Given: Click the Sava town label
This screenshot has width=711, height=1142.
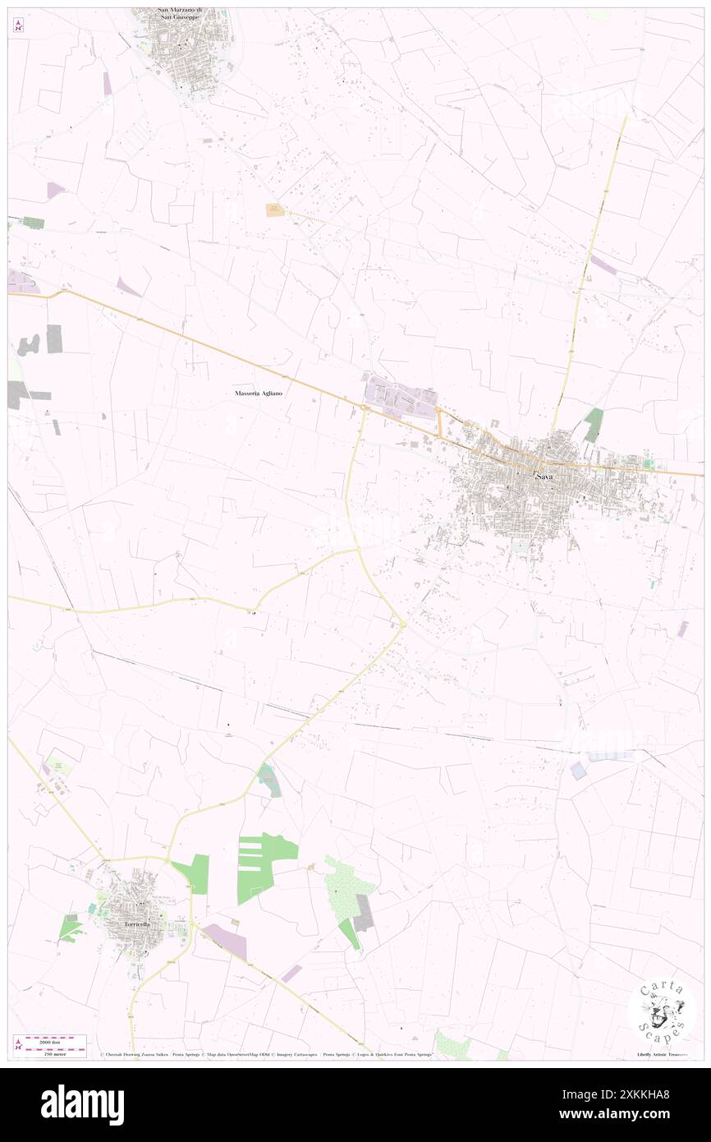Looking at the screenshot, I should pyautogui.click(x=544, y=477).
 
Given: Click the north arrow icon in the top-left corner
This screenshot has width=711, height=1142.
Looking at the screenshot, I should pyautogui.click(x=18, y=25).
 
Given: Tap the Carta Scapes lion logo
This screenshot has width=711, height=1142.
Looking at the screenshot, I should pyautogui.click(x=662, y=1011).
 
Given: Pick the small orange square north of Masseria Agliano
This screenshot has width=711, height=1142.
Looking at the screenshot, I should pyautogui.click(x=273, y=210).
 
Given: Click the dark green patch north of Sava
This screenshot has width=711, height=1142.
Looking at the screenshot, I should pyautogui.click(x=594, y=424).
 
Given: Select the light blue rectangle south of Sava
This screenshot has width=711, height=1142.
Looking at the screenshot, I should pyautogui.click(x=578, y=771).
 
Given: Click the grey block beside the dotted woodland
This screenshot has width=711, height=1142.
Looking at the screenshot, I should pyautogui.click(x=364, y=913).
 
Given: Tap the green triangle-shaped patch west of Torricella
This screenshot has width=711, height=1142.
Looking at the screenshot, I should pyautogui.click(x=71, y=928).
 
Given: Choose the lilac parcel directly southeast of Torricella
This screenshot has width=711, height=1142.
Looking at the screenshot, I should pyautogui.click(x=225, y=942).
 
